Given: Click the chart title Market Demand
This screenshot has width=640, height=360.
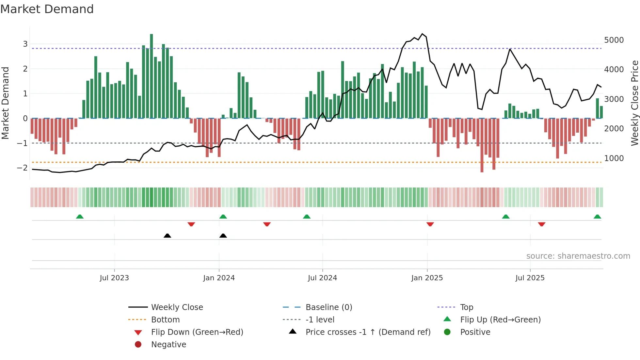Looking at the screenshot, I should [x=47, y=9].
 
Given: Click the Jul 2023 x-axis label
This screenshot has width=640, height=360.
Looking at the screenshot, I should [x=114, y=278].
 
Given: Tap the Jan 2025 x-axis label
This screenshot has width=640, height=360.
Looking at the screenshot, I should [x=427, y=278].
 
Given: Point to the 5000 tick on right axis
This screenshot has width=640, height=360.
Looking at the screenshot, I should [x=614, y=40].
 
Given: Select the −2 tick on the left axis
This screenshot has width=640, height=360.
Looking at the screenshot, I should [x=22, y=168].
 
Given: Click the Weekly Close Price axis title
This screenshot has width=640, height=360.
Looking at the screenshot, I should [x=634, y=103].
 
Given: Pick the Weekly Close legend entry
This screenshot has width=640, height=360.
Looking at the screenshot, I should [x=177, y=307].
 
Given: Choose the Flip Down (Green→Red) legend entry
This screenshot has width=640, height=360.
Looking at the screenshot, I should [x=197, y=332].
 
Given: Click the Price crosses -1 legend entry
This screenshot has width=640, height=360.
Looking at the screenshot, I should [x=368, y=332].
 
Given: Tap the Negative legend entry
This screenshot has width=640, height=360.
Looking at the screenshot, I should [x=168, y=345].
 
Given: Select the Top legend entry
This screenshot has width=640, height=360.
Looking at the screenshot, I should [x=466, y=307].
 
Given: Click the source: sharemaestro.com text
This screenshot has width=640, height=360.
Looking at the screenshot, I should [x=578, y=256].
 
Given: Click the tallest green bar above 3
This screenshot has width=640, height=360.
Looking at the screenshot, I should [x=152, y=75].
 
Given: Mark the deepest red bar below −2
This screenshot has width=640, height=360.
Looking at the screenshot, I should [x=482, y=145].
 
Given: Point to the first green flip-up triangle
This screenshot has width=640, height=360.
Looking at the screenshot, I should [x=80, y=217].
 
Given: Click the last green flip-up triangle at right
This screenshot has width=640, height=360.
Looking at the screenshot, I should [x=597, y=217].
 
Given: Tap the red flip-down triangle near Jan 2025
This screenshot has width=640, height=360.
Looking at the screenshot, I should [x=430, y=224].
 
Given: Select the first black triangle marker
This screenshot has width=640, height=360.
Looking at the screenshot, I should [x=167, y=236].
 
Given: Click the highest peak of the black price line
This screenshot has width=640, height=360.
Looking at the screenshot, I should [x=422, y=34].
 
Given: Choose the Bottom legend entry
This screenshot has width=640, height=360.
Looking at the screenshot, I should [x=165, y=320].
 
